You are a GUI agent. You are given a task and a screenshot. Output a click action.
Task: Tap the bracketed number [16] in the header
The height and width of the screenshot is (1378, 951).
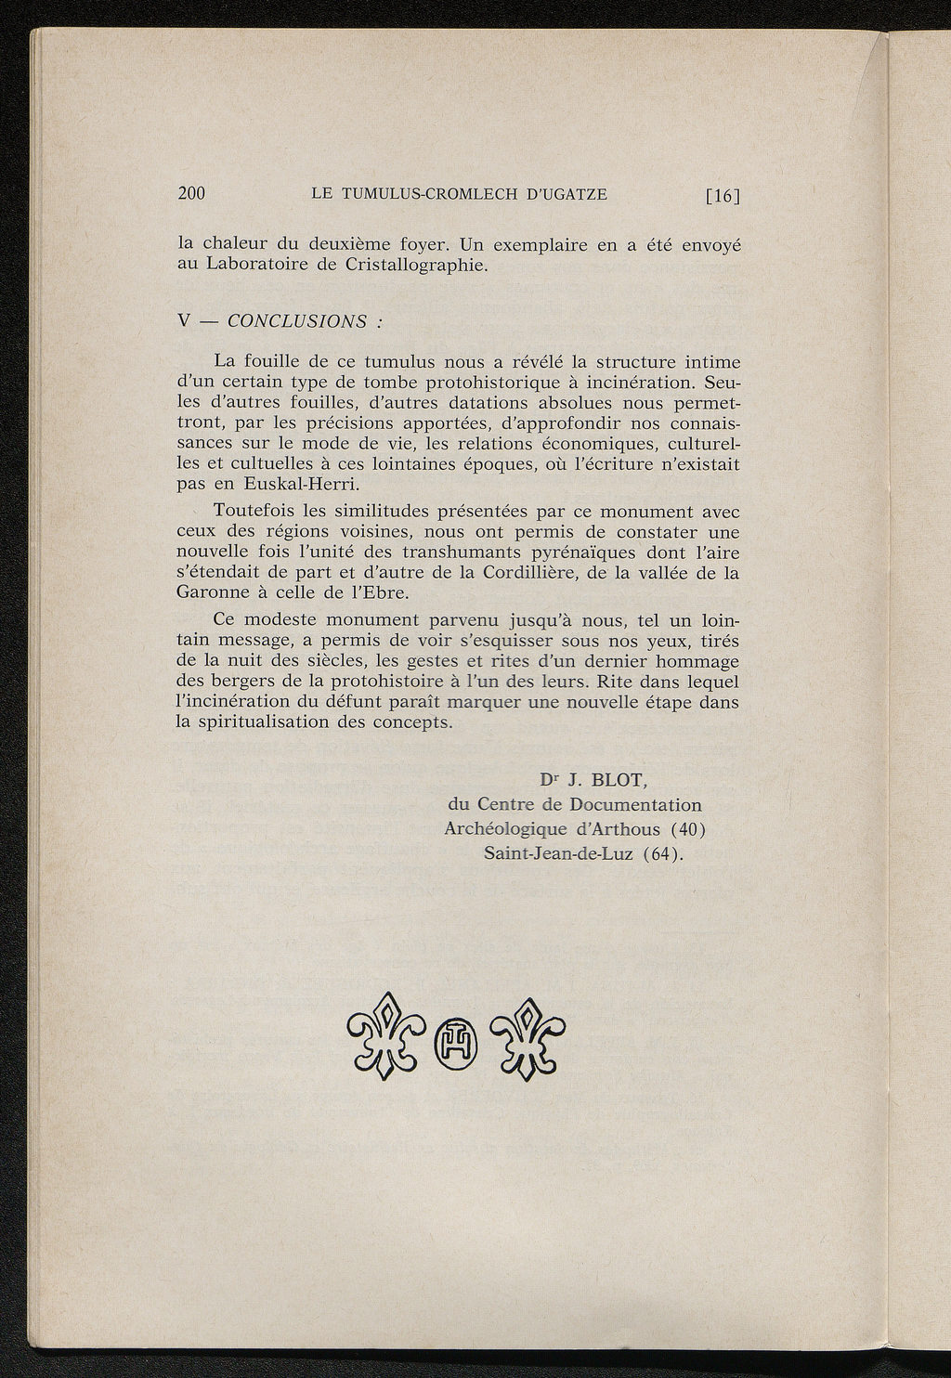[722, 195]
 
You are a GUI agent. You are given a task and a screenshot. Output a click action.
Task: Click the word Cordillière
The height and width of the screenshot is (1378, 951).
[527, 572]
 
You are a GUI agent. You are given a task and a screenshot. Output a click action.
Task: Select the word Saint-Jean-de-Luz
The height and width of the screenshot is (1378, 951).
[557, 853]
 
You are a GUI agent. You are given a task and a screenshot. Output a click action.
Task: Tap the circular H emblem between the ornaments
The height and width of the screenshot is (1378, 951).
[456, 1039]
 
